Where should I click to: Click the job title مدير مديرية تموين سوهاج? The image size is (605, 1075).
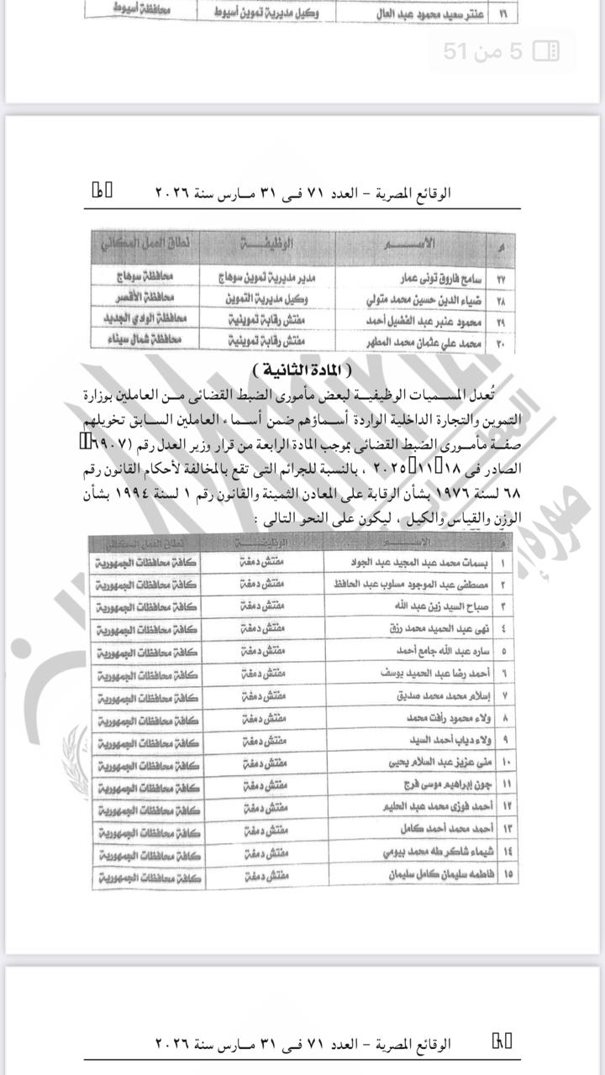265,276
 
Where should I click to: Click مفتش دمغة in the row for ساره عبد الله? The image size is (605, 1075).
265,651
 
